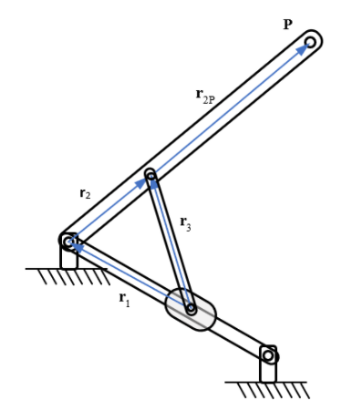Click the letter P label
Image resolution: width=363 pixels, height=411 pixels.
click(287, 24)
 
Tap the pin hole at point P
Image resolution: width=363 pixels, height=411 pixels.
click(311, 42)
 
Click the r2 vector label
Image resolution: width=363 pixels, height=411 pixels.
click(85, 192)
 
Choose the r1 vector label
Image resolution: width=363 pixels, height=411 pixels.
click(125, 300)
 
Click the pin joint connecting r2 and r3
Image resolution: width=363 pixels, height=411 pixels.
click(150, 175)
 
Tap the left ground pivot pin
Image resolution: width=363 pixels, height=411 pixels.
click(67, 241)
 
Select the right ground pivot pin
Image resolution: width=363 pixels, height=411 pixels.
click(268, 354)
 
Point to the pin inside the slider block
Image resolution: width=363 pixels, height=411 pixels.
click(191, 309)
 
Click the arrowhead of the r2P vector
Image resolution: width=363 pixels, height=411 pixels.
click(302, 49)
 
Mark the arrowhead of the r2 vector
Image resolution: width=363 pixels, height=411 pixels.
click(141, 182)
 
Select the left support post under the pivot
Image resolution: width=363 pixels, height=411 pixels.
click(68, 258)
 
